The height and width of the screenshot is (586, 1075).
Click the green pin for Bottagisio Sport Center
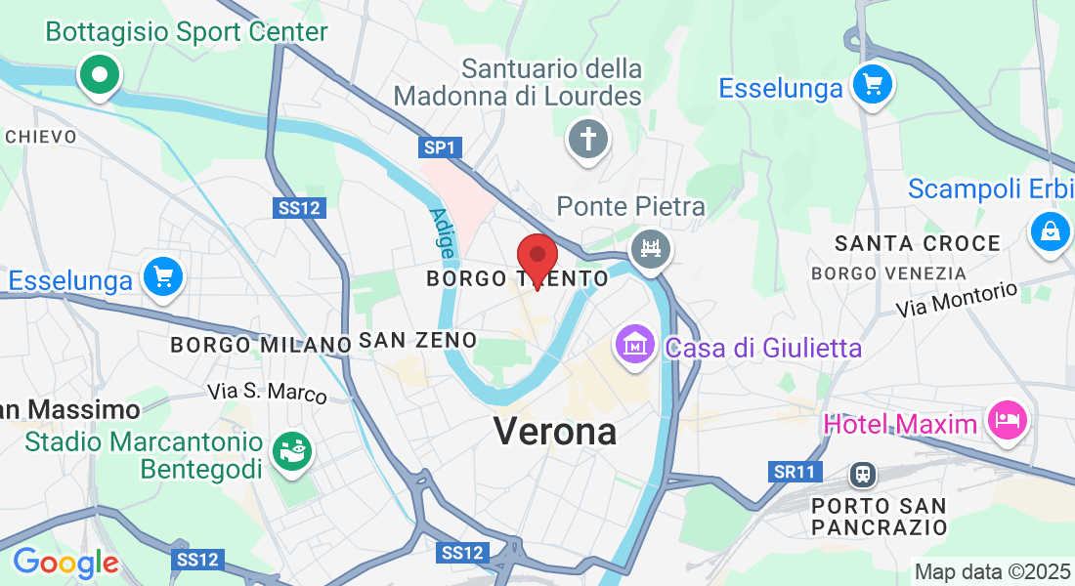(x=99, y=74)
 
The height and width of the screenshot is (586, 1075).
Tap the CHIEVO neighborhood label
(x=41, y=137)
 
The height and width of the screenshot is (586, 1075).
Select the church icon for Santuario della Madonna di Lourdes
(x=588, y=138)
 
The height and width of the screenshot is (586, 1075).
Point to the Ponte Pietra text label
(x=630, y=207)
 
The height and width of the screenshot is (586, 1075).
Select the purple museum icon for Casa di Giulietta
(x=635, y=345)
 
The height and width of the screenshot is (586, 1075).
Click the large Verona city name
(x=555, y=431)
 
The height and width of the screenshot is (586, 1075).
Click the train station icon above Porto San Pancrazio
(x=862, y=475)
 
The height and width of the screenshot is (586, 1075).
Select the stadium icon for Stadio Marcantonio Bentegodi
(x=292, y=451)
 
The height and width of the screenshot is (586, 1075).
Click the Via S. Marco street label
(x=267, y=393)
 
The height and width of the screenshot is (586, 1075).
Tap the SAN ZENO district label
(x=417, y=341)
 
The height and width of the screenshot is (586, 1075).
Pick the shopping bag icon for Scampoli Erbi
(x=1051, y=231)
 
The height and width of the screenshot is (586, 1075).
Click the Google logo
(x=65, y=563)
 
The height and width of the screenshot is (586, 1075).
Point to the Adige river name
(x=441, y=232)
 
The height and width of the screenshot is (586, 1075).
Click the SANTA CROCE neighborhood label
(x=918, y=243)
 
